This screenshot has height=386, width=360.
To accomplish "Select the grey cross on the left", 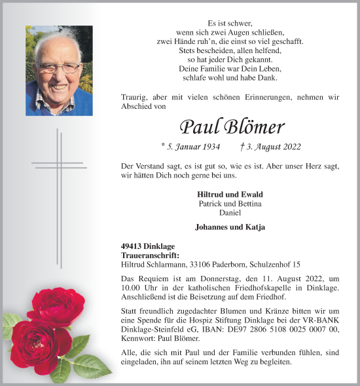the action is (x=58, y=164).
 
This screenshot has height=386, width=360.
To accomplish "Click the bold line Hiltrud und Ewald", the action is (x=230, y=195).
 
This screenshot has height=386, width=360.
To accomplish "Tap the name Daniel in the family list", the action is (x=230, y=213).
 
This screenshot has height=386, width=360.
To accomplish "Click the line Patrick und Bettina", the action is (x=230, y=204).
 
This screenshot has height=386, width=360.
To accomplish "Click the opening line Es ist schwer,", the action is (x=230, y=23).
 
